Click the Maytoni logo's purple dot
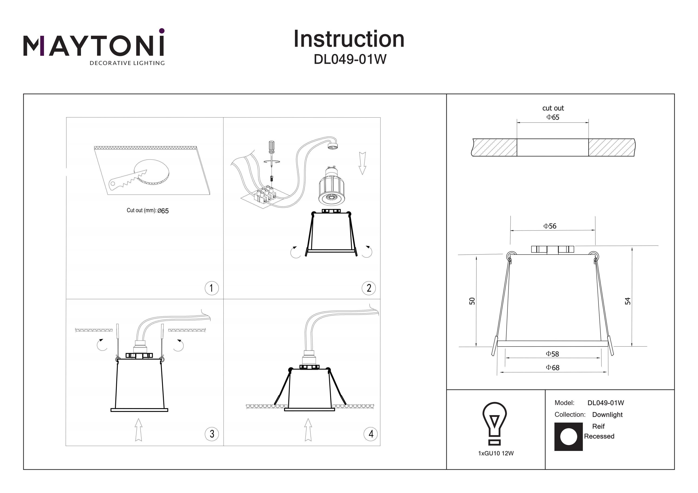click(x=162, y=31)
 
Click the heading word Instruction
click(x=349, y=39)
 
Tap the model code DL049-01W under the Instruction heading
click(x=350, y=60)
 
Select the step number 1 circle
click(x=211, y=288)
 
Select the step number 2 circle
click(x=369, y=288)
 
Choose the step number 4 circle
click(x=371, y=434)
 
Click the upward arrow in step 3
click(x=138, y=430)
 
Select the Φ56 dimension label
click(x=550, y=226)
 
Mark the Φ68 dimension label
click(x=552, y=367)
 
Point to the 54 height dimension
click(x=628, y=301)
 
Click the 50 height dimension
click(x=472, y=301)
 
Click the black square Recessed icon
click(x=568, y=437)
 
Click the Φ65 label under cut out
click(x=552, y=117)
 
